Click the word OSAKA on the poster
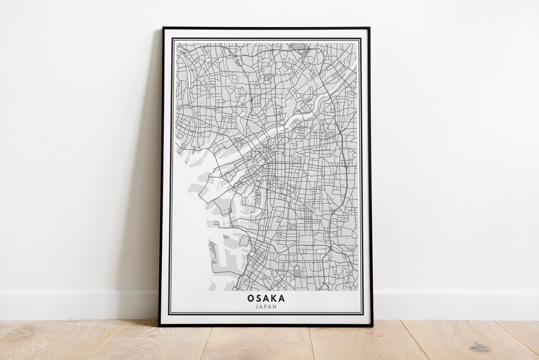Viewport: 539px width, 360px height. (266, 299)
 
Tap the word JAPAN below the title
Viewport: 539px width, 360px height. (266, 307)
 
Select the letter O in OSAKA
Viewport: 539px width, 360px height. (250, 299)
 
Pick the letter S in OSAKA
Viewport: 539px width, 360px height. (258, 299)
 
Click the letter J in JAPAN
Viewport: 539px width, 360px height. (256, 307)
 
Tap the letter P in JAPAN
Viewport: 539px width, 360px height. (266, 307)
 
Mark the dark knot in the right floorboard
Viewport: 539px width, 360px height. (480, 348)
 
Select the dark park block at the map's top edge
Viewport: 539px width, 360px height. (299, 47)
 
